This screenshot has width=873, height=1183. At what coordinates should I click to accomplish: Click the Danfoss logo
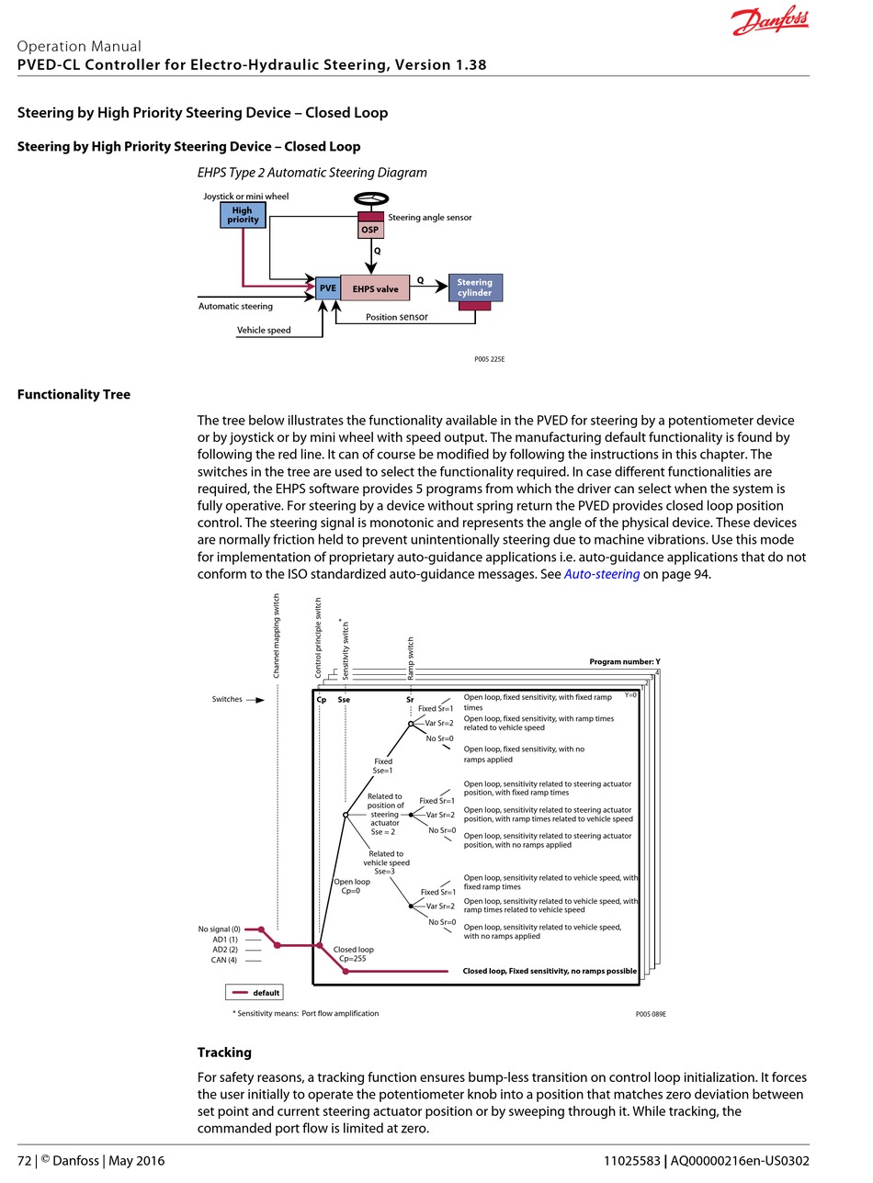coord(769,20)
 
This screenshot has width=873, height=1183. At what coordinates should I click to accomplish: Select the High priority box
coord(243,215)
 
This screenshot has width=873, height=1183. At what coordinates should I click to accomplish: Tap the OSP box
coord(370,230)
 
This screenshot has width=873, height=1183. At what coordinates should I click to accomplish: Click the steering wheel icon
coord(371,199)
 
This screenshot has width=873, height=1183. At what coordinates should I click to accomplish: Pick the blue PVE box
coord(328,287)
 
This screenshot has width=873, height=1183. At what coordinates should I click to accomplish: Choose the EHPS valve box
coord(375,288)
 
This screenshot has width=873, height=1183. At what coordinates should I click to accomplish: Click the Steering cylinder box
coord(475,287)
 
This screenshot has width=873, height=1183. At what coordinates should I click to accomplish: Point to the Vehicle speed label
coord(264,330)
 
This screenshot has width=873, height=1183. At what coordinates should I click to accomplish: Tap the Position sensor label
coord(397,317)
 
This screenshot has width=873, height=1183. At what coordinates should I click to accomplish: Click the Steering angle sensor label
coord(430,217)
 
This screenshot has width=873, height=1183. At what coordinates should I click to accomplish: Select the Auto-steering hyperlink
coord(602,574)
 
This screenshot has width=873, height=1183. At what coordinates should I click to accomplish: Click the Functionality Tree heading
coord(74,395)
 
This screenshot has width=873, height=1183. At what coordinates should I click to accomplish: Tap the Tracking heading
coord(224,1053)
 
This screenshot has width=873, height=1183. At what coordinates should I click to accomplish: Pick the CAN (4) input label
coord(224,960)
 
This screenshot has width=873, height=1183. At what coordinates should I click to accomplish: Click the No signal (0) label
coord(219,929)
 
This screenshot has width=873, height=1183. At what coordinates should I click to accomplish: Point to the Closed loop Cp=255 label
coord(353,953)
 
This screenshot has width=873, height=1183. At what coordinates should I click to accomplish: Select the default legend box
coord(254,992)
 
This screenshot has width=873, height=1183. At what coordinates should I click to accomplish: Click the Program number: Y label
coord(625,661)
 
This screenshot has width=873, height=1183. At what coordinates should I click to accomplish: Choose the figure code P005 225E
coord(490,359)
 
